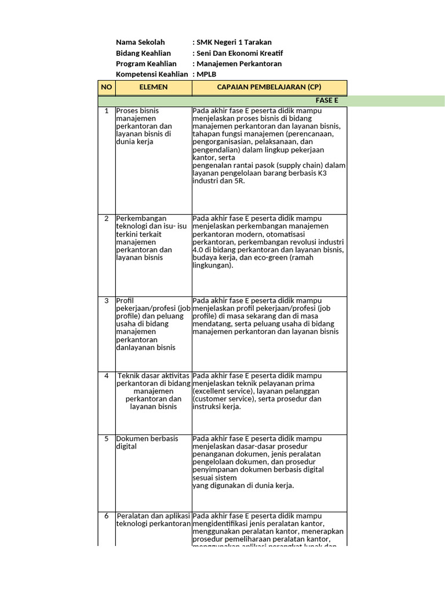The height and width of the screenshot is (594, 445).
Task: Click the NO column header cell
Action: click(107, 87)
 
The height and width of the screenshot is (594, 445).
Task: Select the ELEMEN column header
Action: click(154, 87)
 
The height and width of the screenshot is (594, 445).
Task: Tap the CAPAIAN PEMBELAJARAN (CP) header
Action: click(269, 87)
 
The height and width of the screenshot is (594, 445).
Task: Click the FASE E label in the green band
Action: click(327, 100)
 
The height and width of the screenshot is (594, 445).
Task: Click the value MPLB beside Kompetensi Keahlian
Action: click(206, 74)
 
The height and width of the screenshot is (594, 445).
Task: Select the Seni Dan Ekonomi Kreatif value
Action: click(239, 53)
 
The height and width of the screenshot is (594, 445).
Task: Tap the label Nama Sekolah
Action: click(140, 42)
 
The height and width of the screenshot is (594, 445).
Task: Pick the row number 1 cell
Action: click(107, 110)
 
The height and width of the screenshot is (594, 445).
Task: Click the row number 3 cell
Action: click(107, 300)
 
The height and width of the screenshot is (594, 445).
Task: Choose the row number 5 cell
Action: click(107, 439)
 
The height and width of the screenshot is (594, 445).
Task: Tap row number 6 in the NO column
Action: click(107, 516)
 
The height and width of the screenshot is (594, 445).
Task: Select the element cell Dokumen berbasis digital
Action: click(147, 443)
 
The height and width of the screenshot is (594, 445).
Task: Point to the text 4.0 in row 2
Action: click(198, 249)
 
